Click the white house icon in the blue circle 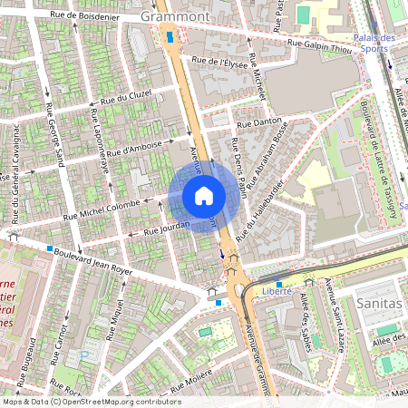coord(204,196)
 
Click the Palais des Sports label coord(375,44)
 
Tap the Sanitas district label coord(378,303)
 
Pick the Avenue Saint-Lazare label coord(335,317)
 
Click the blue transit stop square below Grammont coord(170,37)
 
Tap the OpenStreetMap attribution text coord(92,401)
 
